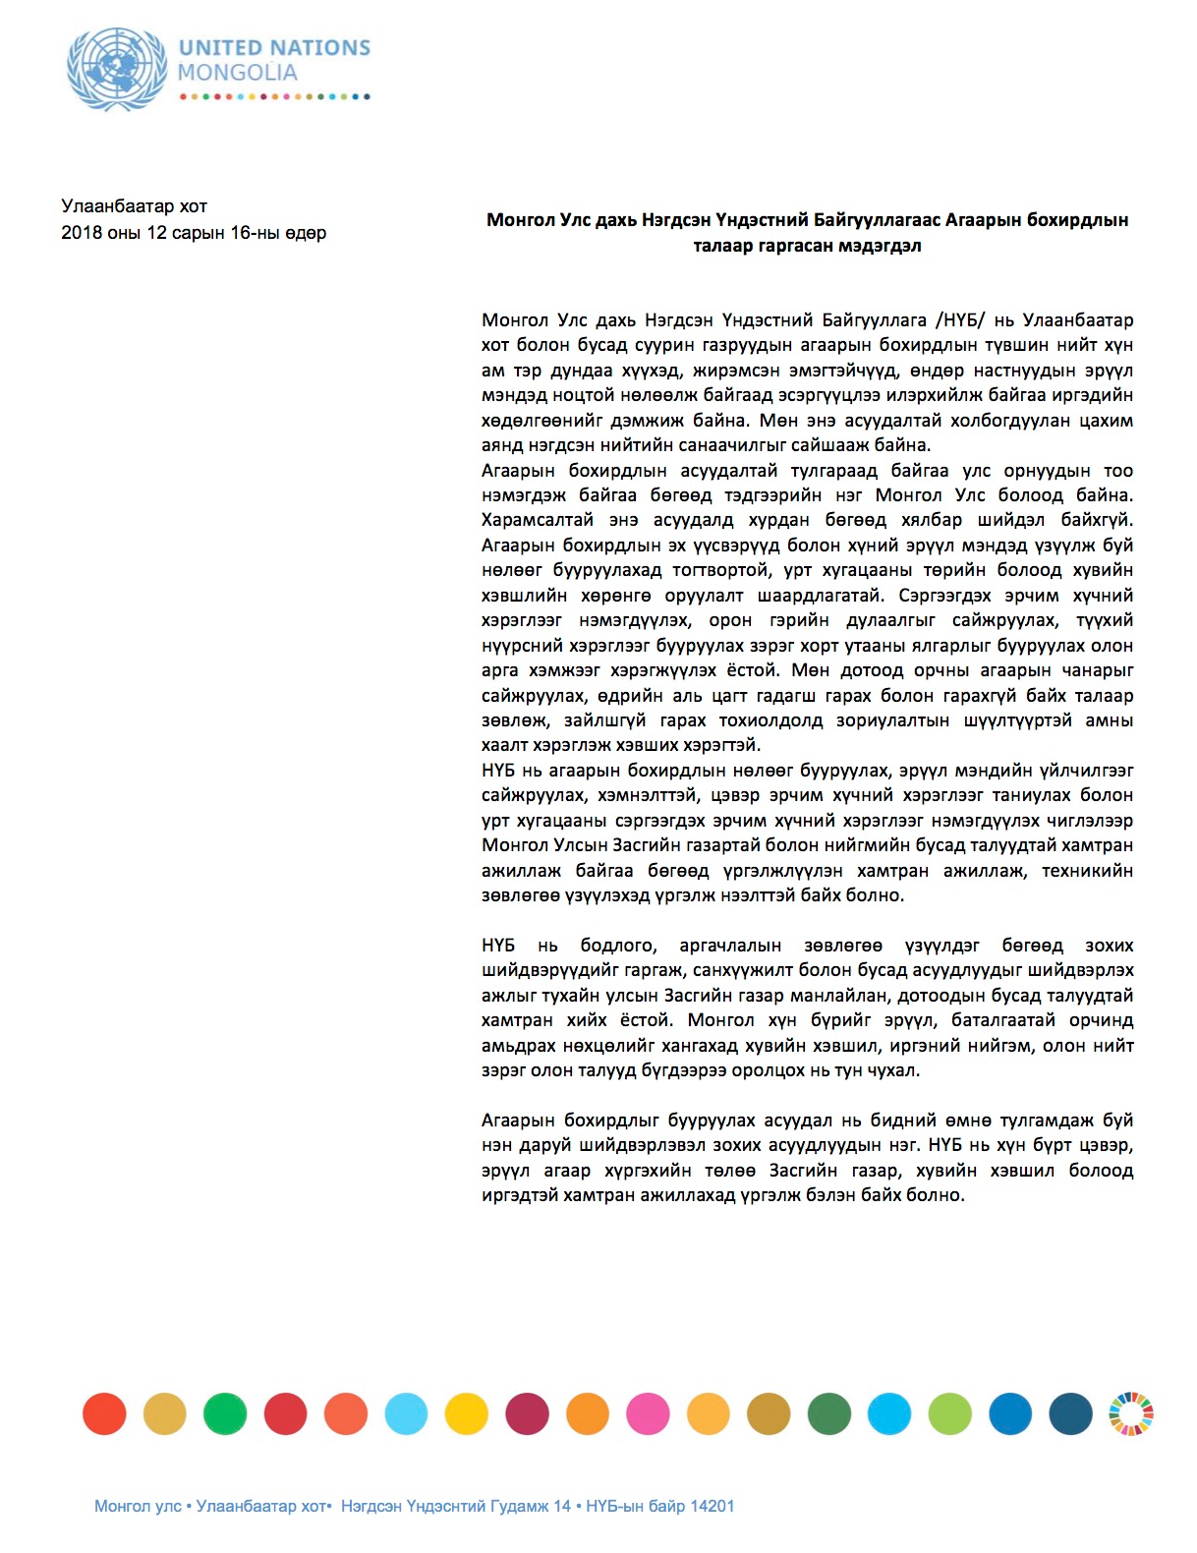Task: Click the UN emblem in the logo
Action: [117, 68]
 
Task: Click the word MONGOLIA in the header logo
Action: [238, 73]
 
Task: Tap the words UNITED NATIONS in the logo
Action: [274, 47]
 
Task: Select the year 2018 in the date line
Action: [81, 233]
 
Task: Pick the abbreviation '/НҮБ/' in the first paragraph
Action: [958, 320]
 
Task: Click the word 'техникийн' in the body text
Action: [1087, 871]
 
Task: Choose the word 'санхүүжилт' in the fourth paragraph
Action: [758, 970]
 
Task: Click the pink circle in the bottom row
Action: [648, 1414]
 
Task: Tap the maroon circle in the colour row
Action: [527, 1414]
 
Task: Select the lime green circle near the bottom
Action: [949, 1414]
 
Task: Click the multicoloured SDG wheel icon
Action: [1131, 1414]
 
